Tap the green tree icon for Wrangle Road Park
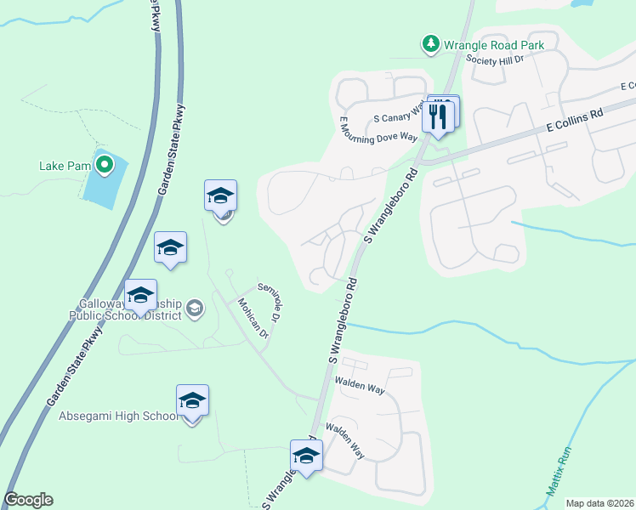[432, 42]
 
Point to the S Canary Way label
[399, 115]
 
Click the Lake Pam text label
[65, 165]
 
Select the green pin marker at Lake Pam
[105, 164]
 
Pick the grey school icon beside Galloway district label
[195, 308]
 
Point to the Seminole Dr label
[269, 303]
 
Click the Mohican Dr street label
[253, 319]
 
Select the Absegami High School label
[118, 416]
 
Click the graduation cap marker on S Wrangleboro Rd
[306, 456]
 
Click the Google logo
[28, 500]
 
